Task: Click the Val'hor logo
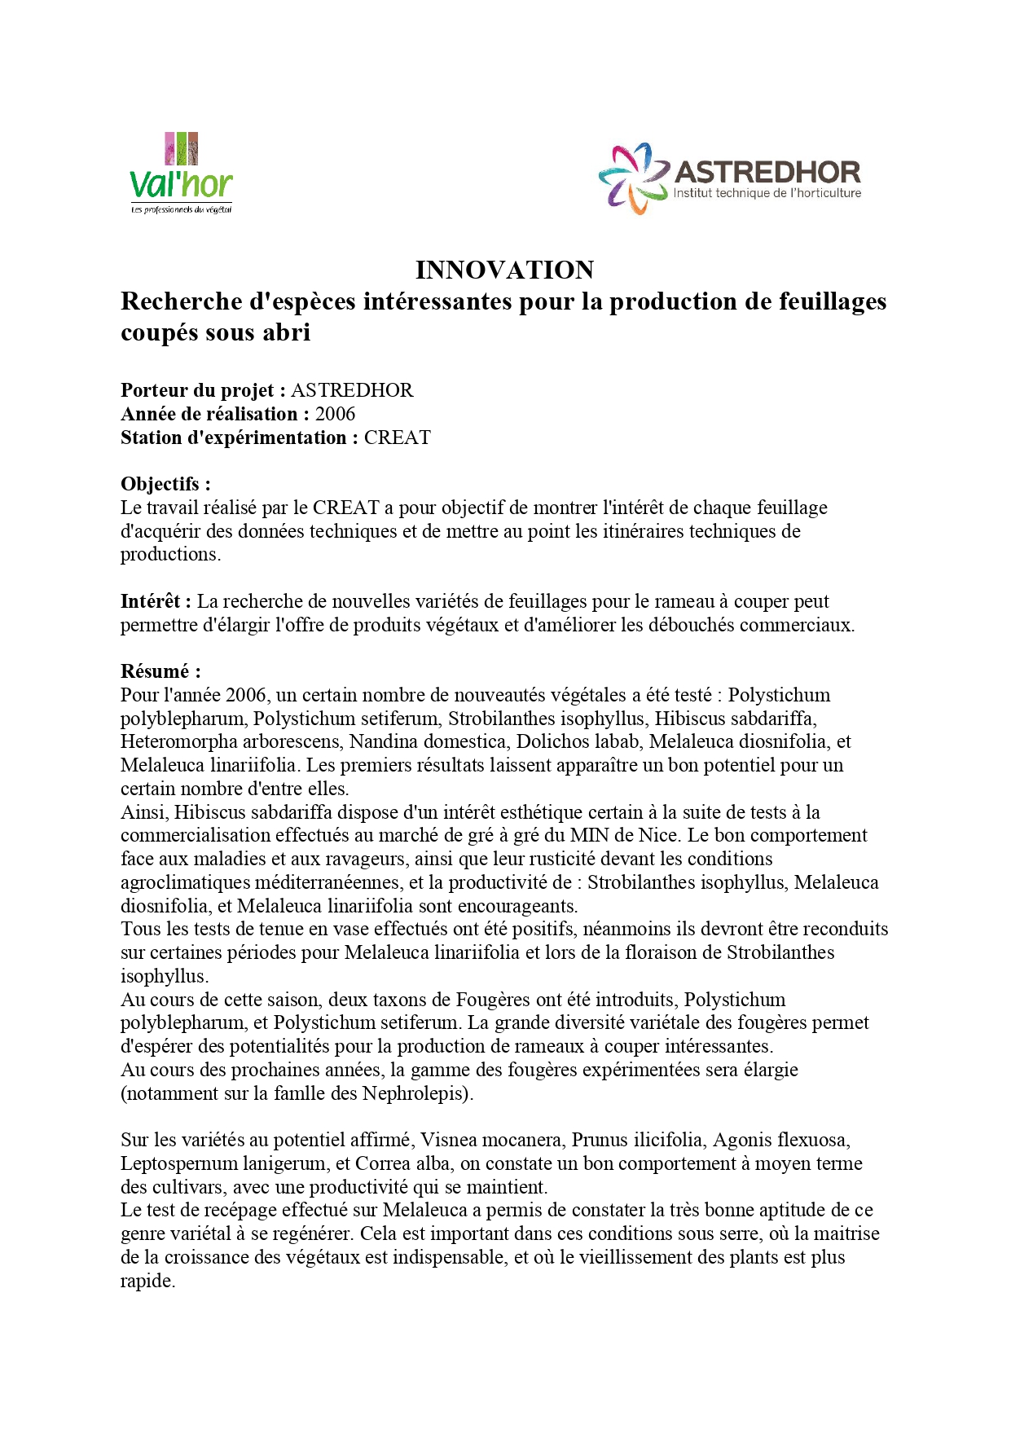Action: click(x=181, y=174)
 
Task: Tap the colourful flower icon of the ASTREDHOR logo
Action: click(x=633, y=178)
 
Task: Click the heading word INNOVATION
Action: click(x=504, y=270)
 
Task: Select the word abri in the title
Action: click(x=286, y=332)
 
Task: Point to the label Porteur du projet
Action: click(x=198, y=390)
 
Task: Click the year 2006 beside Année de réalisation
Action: click(x=335, y=414)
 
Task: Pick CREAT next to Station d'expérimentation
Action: click(x=397, y=437)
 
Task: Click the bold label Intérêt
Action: click(x=152, y=601)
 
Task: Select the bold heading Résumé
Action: click(x=156, y=671)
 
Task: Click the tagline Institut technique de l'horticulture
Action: click(x=767, y=193)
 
